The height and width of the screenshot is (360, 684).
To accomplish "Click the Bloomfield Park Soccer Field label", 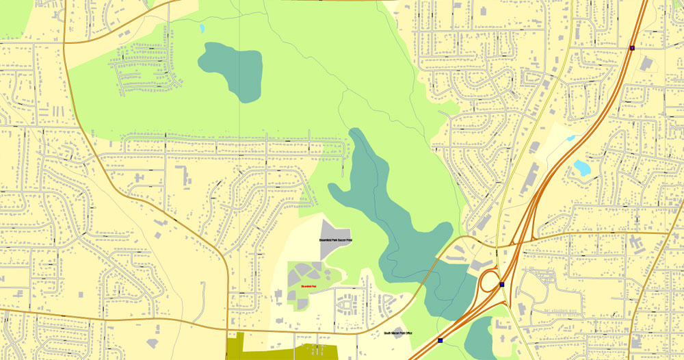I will pos(335,241).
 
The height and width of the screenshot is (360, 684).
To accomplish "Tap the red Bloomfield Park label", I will pos(308,285).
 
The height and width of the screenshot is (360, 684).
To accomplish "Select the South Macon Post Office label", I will pos(397,333).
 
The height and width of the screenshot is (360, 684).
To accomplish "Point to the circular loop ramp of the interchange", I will pos(490,280).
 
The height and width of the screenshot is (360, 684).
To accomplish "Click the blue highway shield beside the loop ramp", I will pos(502,284).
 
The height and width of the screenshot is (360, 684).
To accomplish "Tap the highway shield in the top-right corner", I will pos(632,48).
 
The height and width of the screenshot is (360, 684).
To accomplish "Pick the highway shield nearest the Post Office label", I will pos(440,339).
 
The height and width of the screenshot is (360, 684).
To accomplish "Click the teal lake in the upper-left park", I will pos(233,68).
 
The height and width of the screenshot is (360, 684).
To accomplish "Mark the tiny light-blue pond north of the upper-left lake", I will pos(202,29).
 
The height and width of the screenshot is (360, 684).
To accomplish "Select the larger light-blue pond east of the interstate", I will pos(583,167).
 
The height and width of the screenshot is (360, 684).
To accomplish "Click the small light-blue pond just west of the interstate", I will pos(570,138).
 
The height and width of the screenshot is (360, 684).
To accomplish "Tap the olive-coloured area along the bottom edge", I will pos(280,349).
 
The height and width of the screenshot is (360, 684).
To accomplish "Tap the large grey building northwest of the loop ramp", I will pos(476,264).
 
